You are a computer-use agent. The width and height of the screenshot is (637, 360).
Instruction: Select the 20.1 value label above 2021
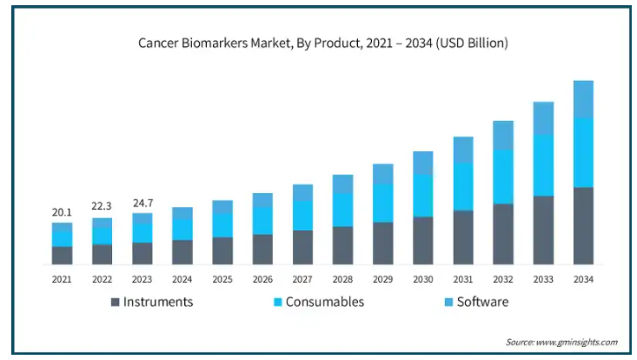coord(62,212)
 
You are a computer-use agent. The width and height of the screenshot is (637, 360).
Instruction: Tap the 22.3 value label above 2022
coord(103,206)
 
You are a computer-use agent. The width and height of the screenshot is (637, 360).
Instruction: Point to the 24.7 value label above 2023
coord(143,203)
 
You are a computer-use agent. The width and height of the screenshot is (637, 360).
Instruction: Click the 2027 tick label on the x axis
coord(302,279)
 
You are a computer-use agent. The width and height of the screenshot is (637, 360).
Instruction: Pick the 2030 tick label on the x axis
coord(423,279)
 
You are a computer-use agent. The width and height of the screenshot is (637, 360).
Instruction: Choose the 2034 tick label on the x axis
coord(583,279)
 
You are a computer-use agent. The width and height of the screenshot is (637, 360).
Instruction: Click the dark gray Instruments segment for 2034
coord(583,225)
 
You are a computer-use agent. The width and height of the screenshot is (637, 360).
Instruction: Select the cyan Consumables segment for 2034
coord(583,152)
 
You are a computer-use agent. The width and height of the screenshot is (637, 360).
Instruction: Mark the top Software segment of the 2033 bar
coord(543,118)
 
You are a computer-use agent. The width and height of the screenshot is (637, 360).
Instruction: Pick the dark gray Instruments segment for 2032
coord(503,234)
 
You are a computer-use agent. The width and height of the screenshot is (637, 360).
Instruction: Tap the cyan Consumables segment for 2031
coord(463,186)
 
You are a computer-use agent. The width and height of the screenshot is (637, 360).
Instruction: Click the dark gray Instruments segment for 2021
coord(62,255)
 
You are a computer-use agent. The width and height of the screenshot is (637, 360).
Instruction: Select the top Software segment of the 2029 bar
coord(383,174)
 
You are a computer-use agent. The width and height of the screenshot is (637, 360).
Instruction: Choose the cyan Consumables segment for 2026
coord(262,220)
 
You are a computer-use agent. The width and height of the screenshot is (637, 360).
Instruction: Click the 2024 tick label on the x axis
coord(182,279)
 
